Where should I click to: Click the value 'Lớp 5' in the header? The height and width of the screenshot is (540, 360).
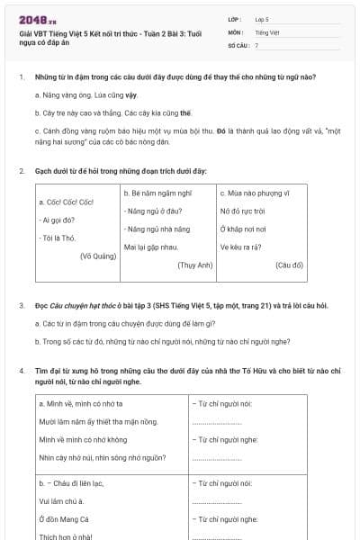coord(263,19)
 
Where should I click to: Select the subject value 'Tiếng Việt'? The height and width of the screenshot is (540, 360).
coord(266,31)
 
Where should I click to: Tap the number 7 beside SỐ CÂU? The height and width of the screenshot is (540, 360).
coord(256,44)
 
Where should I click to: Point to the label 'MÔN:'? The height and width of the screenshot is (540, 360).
coord(236,31)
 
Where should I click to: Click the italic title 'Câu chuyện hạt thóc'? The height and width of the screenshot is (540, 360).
coord(86,306)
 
